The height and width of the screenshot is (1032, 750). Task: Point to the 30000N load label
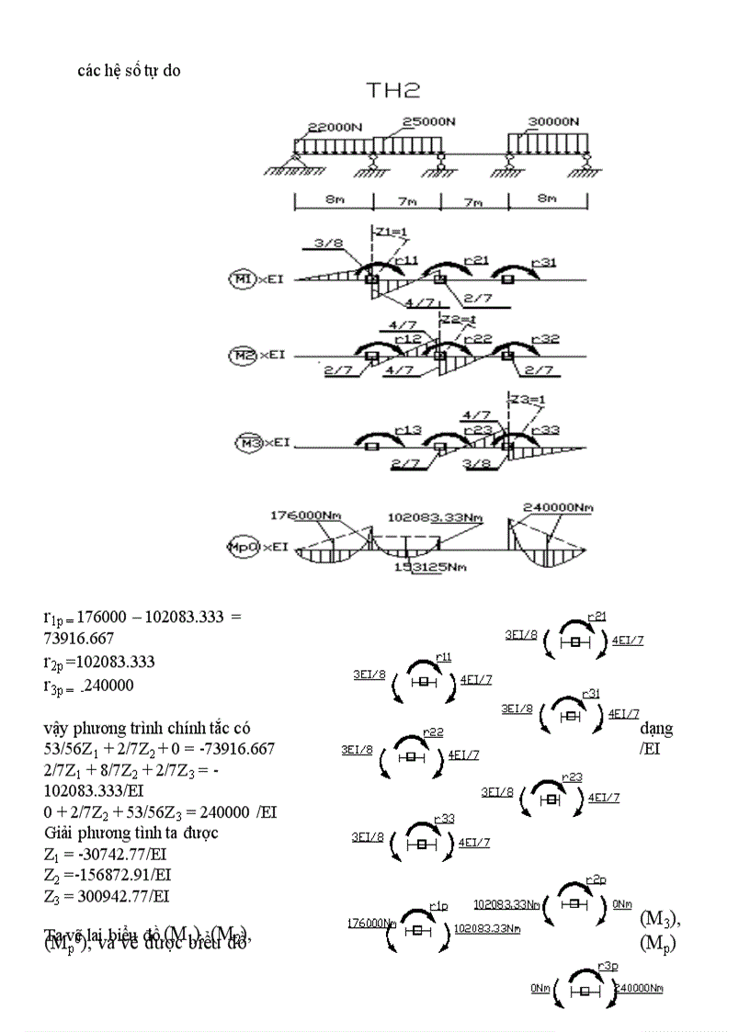pos(553,121)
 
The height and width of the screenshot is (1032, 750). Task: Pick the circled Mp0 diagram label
pos(241,547)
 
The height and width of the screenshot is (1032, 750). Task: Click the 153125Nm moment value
pos(429,567)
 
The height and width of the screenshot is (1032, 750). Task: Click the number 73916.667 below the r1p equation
pos(79,638)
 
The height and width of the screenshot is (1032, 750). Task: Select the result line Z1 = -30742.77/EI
pos(107,856)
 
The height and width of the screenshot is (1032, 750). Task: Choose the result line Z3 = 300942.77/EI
pos(107,896)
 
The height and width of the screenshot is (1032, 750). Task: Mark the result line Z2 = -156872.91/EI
pos(107,876)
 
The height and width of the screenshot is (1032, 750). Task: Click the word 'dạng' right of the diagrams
pos(655,729)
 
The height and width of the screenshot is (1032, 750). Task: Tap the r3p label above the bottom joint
pos(606,965)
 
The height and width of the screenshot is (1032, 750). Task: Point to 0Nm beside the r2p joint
pos(621,904)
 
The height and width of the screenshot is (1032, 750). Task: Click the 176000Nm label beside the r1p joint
pos(371,923)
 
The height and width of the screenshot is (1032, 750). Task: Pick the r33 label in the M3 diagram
pos(444,818)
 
